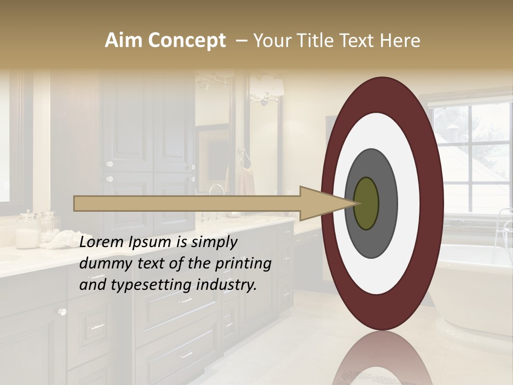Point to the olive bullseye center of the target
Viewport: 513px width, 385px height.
tap(366, 204)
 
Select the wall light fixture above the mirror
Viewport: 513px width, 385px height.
tap(266, 88)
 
